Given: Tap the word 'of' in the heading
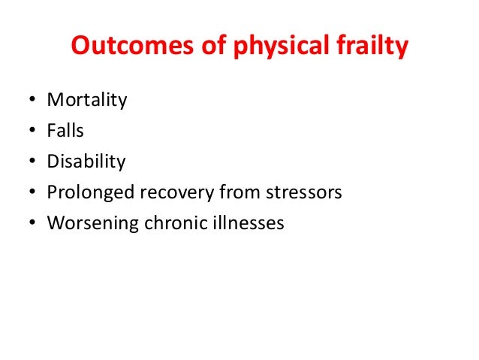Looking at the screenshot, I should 201,47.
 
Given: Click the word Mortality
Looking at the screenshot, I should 86,101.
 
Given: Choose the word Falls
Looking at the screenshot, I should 65,131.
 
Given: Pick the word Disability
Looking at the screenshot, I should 86,162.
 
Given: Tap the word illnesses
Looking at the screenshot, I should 245,223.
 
